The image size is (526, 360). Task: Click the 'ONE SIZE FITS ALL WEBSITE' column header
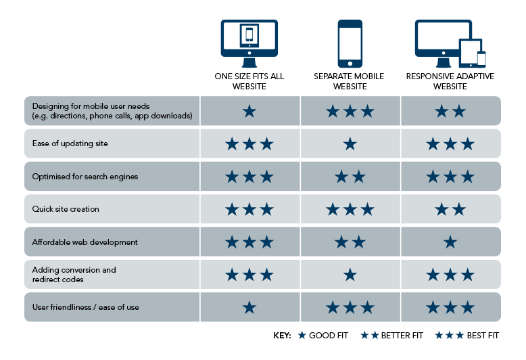pyautogui.click(x=249, y=81)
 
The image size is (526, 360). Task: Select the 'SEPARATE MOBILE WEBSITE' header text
pyautogui.click(x=349, y=81)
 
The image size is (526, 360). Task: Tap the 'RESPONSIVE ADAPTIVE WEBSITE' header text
pyautogui.click(x=450, y=81)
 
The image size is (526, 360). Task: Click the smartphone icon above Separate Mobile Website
pyautogui.click(x=350, y=44)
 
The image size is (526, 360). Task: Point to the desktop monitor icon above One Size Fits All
pyautogui.click(x=249, y=44)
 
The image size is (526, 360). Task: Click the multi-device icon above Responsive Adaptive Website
pyautogui.click(x=450, y=44)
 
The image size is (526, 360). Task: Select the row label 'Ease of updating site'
pyautogui.click(x=70, y=143)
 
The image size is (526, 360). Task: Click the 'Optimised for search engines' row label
pyautogui.click(x=85, y=177)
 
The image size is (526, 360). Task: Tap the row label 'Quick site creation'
pyautogui.click(x=66, y=209)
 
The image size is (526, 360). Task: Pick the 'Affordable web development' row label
pyautogui.click(x=85, y=242)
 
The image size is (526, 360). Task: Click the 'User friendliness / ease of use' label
pyautogui.click(x=86, y=307)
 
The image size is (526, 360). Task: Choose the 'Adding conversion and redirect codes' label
pyautogui.click(x=74, y=275)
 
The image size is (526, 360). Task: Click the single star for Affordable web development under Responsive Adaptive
pyautogui.click(x=450, y=242)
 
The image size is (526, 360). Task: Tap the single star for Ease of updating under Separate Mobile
pyautogui.click(x=350, y=144)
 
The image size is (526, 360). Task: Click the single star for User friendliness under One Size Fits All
pyautogui.click(x=249, y=307)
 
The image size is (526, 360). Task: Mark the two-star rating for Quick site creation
pyautogui.click(x=450, y=210)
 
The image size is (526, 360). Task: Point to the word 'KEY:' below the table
pyautogui.click(x=282, y=336)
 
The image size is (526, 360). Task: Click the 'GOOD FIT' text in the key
pyautogui.click(x=329, y=336)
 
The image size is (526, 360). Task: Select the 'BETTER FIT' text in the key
pyautogui.click(x=402, y=336)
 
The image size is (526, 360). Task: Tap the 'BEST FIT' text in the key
pyautogui.click(x=483, y=336)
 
